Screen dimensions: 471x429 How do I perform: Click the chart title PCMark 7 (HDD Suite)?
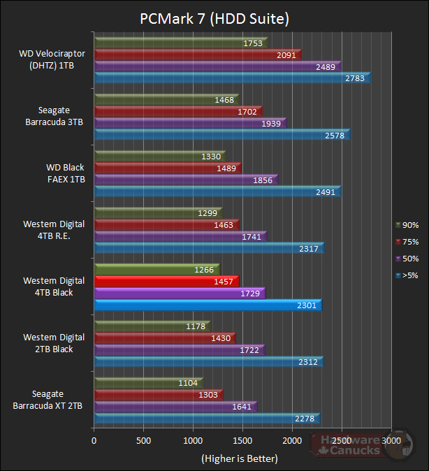214,17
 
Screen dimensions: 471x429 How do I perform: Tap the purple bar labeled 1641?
175,407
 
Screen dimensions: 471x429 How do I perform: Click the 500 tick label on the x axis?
143,442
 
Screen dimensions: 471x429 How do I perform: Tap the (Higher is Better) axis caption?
239,458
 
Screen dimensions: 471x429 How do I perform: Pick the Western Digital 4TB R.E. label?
54,229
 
